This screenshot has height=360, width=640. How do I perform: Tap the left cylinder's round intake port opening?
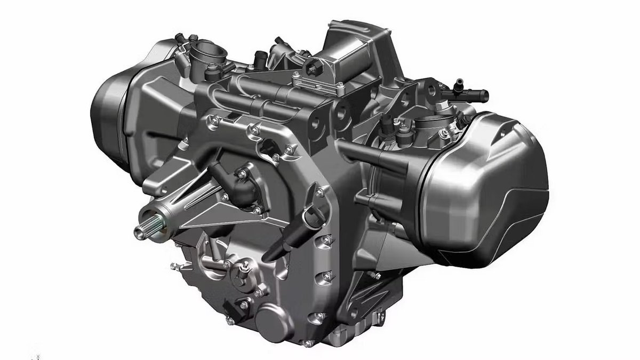tap(205, 52)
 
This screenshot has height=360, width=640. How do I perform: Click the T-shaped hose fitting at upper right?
tap(469, 93)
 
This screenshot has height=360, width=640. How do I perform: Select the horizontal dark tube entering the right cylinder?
tap(373, 155)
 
